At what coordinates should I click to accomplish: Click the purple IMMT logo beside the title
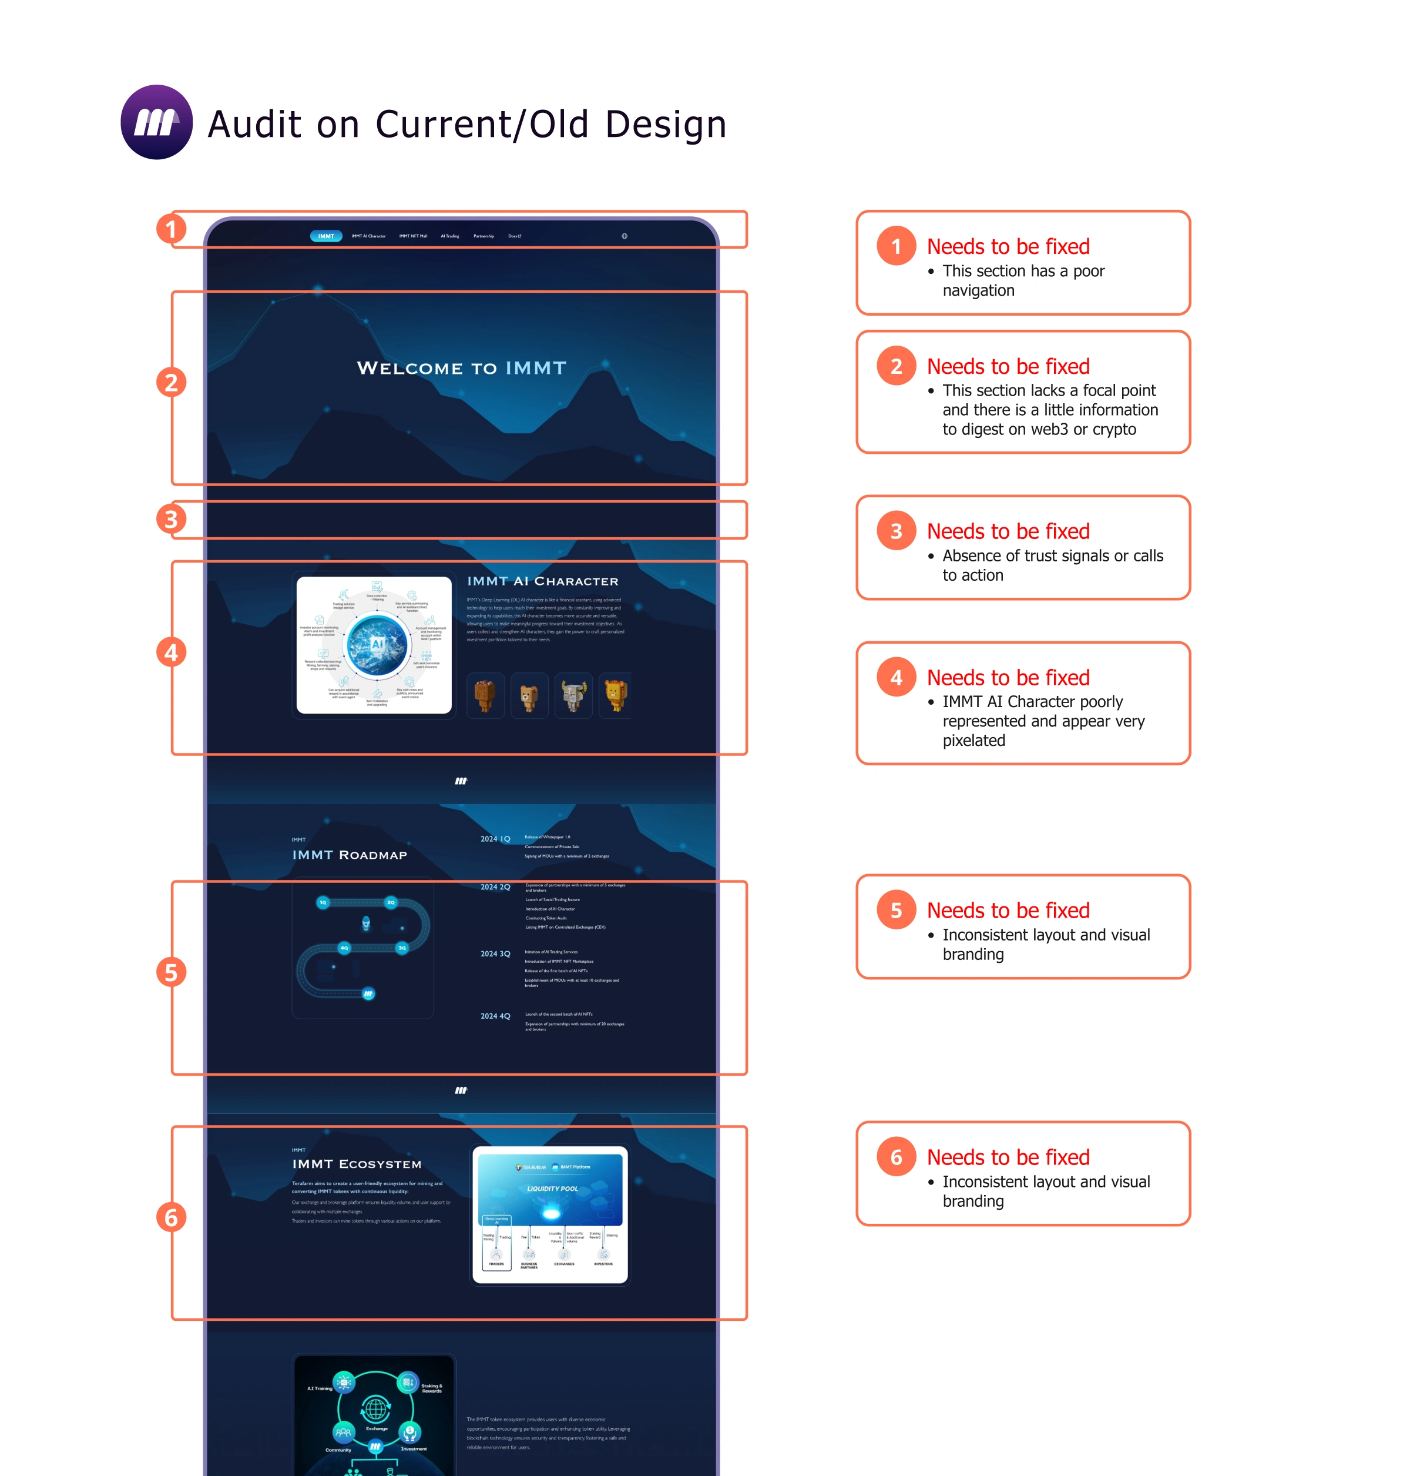pyautogui.click(x=156, y=122)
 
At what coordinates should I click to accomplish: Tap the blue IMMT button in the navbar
pyautogui.click(x=325, y=236)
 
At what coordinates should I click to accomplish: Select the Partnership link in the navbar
pyautogui.click(x=484, y=236)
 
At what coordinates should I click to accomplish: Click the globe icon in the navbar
pyautogui.click(x=624, y=236)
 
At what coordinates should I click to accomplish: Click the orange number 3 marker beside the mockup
pyautogui.click(x=170, y=519)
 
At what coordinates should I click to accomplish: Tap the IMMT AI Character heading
pyautogui.click(x=543, y=581)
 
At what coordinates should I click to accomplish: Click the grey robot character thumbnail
pyautogui.click(x=573, y=695)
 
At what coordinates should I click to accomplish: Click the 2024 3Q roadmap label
pyautogui.click(x=495, y=953)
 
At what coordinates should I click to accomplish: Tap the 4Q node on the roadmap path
pyautogui.click(x=344, y=948)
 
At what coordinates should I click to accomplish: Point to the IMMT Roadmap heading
pyautogui.click(x=350, y=855)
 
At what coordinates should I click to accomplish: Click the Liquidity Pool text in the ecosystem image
pyautogui.click(x=552, y=1189)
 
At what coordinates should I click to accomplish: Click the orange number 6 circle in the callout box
pyautogui.click(x=896, y=1157)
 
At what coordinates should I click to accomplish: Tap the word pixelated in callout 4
pyautogui.click(x=973, y=741)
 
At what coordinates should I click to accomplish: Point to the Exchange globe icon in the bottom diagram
pyautogui.click(x=376, y=1408)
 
